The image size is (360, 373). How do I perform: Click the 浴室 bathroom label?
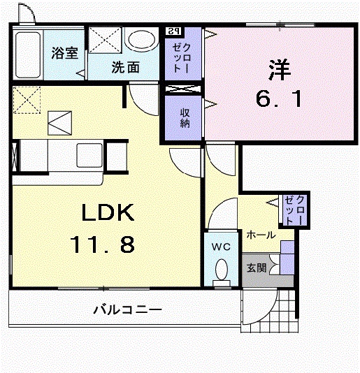(65, 53)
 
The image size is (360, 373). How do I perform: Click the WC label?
(222, 246)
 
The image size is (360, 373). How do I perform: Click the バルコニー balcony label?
(128, 309)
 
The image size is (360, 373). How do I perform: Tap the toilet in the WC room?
(222, 270)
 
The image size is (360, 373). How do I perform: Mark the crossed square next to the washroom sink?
(104, 43)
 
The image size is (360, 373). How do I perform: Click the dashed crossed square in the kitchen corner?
(27, 99)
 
